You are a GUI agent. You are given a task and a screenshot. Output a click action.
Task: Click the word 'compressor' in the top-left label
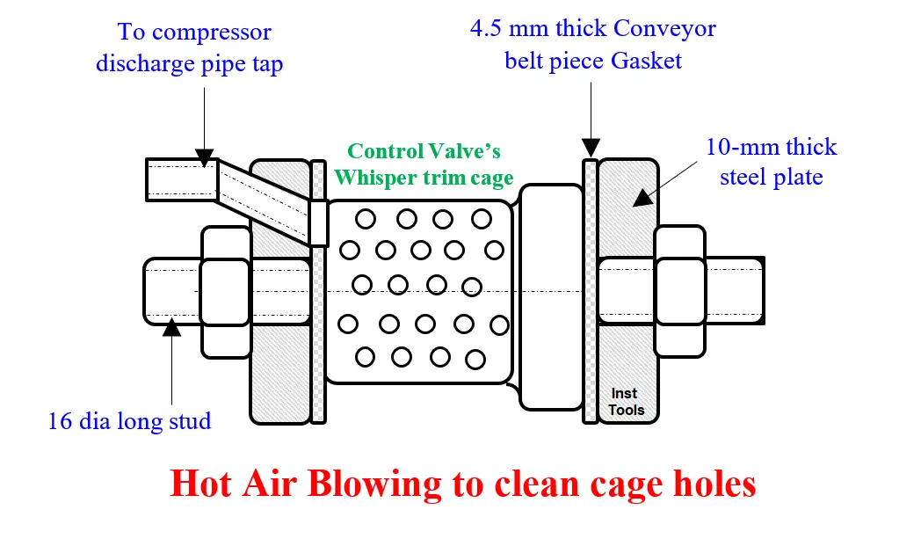coord(212,33)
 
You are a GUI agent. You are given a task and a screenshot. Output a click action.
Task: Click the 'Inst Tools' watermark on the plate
coord(626,402)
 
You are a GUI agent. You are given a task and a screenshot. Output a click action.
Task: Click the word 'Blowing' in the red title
coord(373,484)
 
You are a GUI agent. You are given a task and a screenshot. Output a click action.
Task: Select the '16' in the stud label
coord(60,421)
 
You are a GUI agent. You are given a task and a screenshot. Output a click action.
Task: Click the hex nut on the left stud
coord(226,292)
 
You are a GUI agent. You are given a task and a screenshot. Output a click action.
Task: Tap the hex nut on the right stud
coord(680,292)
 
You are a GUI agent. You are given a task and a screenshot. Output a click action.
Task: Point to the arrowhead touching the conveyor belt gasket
coord(591,148)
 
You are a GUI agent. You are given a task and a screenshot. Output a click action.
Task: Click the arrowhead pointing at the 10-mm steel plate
coord(643,198)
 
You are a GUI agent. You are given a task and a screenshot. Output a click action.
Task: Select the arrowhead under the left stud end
coord(171,327)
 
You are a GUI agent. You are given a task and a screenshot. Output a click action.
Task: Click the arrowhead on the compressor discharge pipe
coord(205,158)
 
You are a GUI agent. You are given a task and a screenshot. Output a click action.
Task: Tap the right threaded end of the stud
coord(735,291)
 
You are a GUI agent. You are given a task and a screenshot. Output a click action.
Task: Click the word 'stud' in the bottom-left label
coord(190,421)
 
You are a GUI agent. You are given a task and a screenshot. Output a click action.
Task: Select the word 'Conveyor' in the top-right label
coord(664,28)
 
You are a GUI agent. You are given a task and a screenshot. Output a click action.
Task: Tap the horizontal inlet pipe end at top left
coord(182,180)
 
